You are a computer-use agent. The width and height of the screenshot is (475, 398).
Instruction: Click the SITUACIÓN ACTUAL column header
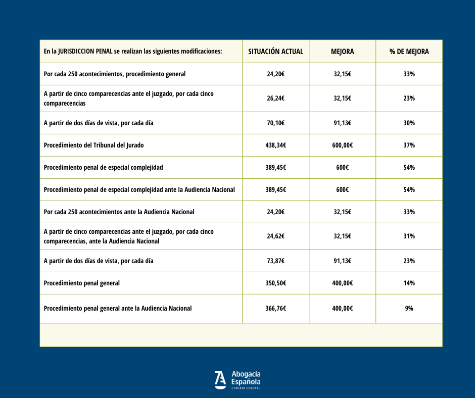[x=275, y=52]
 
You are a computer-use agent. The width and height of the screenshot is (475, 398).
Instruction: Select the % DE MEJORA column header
[x=409, y=52]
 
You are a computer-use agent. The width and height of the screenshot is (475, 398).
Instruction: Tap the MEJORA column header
[x=342, y=52]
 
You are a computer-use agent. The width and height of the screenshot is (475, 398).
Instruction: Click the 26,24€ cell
[x=275, y=98]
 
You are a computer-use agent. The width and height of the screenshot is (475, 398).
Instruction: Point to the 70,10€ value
[x=275, y=123]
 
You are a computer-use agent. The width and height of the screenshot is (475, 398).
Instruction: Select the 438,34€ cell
[x=275, y=145]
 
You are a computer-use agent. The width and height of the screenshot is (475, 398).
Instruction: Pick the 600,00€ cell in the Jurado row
[x=342, y=145]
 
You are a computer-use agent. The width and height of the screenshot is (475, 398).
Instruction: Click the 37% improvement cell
[x=409, y=145]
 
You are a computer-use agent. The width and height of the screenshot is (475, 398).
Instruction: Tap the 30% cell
[x=409, y=123]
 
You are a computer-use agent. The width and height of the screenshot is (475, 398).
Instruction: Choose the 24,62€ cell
[x=275, y=236]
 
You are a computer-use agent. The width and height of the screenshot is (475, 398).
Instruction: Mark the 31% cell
[x=409, y=236]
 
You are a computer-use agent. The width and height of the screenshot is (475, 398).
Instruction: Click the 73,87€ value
[x=275, y=261]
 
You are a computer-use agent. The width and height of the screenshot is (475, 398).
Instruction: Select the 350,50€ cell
[x=275, y=283]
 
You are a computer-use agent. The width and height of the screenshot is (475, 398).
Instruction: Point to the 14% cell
[x=409, y=283]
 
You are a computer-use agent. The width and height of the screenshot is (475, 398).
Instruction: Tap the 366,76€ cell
[x=275, y=308]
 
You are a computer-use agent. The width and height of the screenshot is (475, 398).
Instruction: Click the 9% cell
[x=409, y=308]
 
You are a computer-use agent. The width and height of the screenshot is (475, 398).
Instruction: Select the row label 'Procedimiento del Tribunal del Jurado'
[x=94, y=145]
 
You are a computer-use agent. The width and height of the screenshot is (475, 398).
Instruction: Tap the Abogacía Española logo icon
[x=220, y=380]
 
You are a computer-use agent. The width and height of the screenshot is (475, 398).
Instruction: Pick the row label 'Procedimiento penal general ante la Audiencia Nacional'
[x=118, y=308]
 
